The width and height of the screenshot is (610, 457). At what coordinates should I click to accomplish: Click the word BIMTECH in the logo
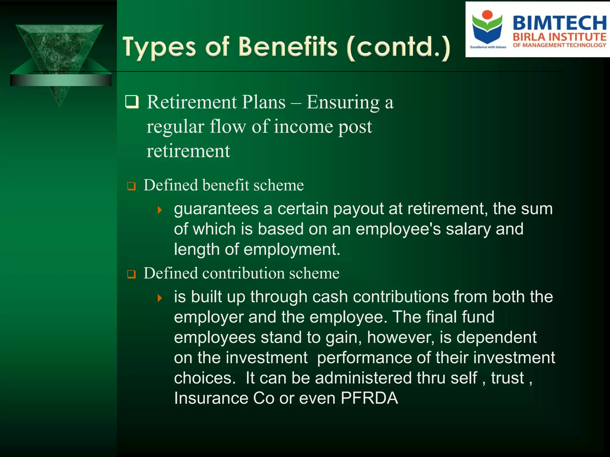[x=559, y=23]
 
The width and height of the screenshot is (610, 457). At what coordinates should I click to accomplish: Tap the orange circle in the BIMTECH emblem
[x=487, y=15]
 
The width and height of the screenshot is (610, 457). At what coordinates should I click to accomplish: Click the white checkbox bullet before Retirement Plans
[x=132, y=102]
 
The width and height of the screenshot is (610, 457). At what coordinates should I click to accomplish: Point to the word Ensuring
[x=343, y=102]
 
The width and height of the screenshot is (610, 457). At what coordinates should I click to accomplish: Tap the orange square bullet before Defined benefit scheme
[x=131, y=186]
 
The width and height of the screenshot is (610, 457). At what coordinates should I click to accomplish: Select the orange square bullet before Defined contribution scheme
[x=131, y=274]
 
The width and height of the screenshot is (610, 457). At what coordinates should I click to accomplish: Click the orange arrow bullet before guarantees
[x=160, y=210]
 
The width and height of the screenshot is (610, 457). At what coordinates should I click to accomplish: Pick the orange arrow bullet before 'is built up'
[x=160, y=298]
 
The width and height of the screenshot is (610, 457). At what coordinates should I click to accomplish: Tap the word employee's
[x=398, y=229]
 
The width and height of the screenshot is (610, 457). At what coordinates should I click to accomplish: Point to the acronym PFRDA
[x=369, y=398]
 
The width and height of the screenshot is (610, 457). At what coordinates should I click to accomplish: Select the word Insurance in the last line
[x=211, y=398]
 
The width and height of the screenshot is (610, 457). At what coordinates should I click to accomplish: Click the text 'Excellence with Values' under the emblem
[x=488, y=47]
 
